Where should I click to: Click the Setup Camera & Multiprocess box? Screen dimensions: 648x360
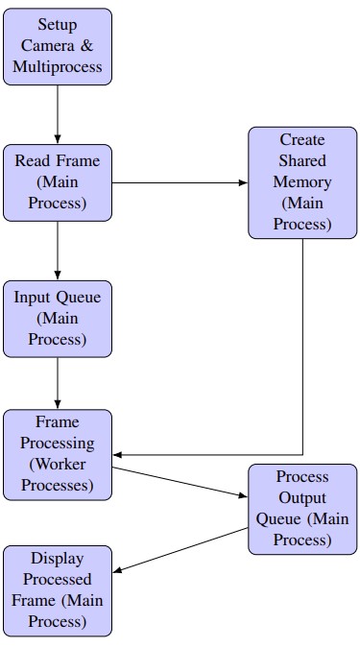58,46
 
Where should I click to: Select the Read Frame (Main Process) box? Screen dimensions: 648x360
58,181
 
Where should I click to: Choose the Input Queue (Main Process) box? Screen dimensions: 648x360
58,318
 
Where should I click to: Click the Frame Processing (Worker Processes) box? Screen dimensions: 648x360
58,454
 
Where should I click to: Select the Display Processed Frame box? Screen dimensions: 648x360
58,590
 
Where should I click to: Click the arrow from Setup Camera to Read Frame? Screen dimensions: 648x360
58,114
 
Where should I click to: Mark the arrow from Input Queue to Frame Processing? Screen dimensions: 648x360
58,384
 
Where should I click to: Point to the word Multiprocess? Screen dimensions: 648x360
58,68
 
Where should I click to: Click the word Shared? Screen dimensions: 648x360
302,160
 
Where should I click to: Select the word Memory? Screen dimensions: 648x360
302,181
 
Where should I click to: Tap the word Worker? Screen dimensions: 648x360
62,465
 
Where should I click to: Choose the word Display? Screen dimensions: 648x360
58,558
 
